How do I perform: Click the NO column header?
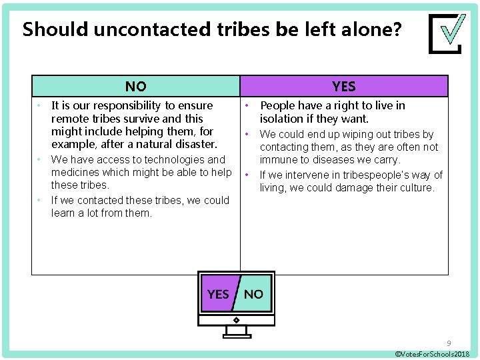(x=136, y=86)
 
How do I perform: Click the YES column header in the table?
(x=344, y=86)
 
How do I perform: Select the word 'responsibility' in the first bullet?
(x=161, y=105)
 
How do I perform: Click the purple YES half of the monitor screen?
(x=217, y=294)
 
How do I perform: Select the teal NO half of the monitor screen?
(x=254, y=294)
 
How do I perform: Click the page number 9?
(x=449, y=343)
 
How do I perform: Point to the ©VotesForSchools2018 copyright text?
(x=433, y=353)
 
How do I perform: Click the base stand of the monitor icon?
(x=237, y=335)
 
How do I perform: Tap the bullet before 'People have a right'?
(x=247, y=105)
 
